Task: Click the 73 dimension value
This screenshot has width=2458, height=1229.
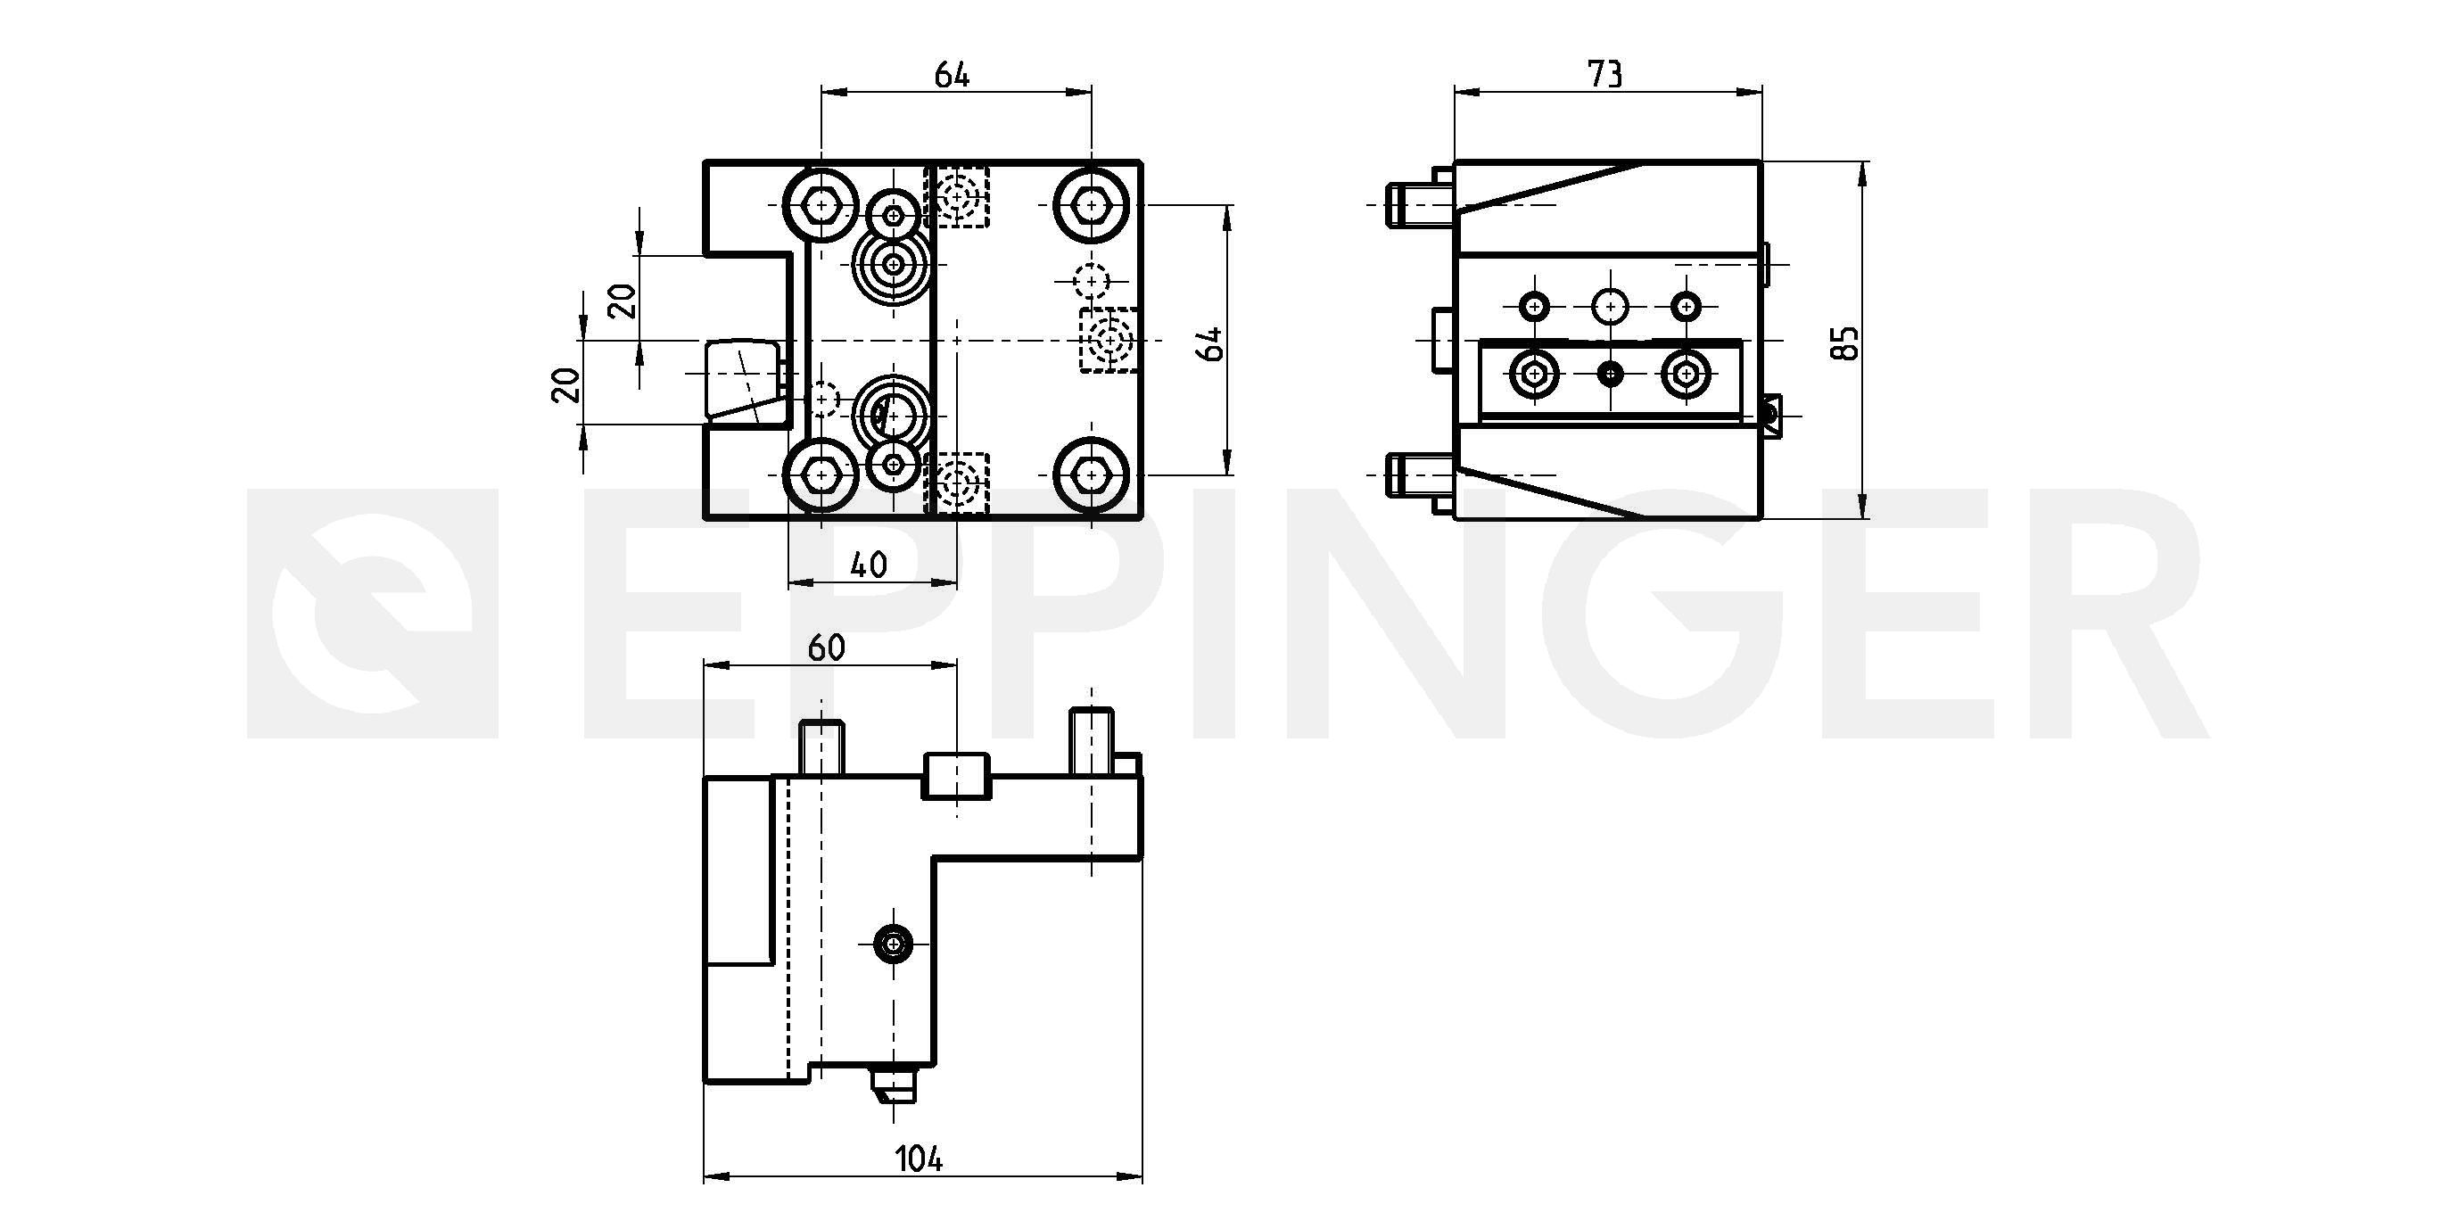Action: (x=1605, y=73)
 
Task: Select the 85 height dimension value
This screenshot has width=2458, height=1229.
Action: (x=1846, y=343)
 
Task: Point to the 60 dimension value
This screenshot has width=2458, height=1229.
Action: (x=827, y=647)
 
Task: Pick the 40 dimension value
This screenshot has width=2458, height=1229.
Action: (x=869, y=565)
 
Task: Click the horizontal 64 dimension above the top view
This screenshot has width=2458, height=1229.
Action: (x=952, y=74)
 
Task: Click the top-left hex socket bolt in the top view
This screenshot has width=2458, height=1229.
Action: (x=821, y=204)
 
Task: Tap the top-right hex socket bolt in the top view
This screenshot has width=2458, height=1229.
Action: (x=1091, y=204)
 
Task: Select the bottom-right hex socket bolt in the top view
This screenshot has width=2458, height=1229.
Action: (x=1091, y=474)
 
